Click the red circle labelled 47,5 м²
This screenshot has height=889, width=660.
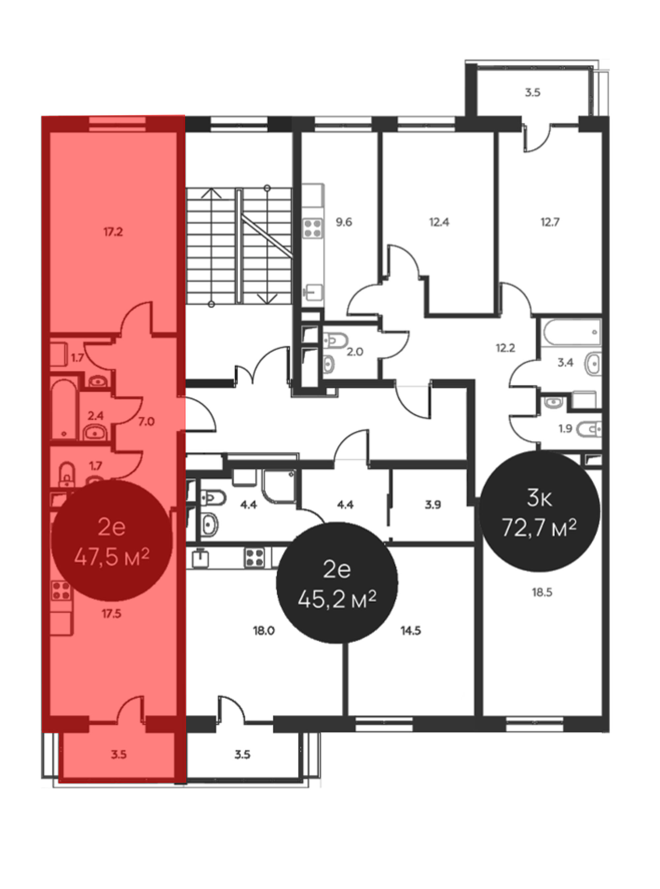[112, 541]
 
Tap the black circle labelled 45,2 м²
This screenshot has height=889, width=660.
[337, 583]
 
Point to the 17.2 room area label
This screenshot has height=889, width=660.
[113, 232]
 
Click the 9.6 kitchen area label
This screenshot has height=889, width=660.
[344, 222]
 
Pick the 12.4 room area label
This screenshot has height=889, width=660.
[439, 222]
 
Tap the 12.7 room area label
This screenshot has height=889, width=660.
[550, 222]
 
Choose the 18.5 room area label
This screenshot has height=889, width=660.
[542, 592]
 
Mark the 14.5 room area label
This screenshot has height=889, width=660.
[411, 631]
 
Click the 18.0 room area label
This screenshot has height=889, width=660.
[264, 631]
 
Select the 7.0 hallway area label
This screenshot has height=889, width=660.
[146, 421]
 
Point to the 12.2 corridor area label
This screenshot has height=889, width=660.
[505, 348]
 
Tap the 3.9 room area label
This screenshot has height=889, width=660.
[433, 505]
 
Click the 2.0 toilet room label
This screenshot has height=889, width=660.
[355, 352]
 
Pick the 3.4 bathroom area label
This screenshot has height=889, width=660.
[565, 363]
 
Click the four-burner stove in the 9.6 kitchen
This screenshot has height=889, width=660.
[313, 228]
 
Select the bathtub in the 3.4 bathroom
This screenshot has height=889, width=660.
[571, 332]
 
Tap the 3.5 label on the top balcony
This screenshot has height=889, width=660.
[533, 93]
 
